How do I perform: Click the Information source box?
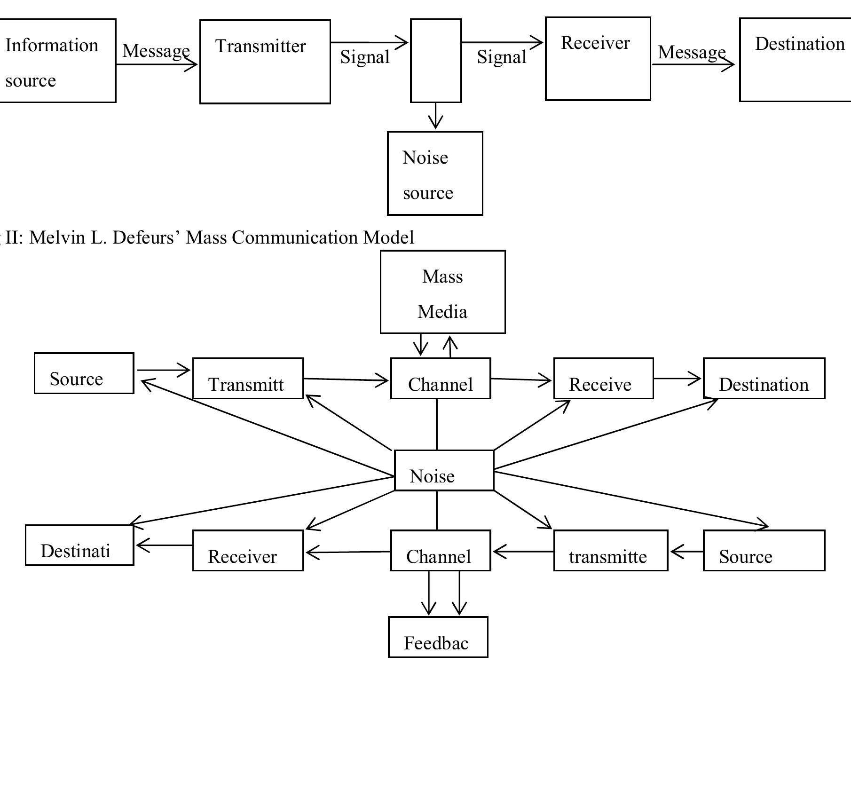(56, 61)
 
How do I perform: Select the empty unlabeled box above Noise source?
(436, 61)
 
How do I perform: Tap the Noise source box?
(435, 174)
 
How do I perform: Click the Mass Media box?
(442, 292)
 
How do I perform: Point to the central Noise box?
(444, 470)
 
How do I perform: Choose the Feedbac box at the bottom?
(438, 637)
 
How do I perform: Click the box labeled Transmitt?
(248, 379)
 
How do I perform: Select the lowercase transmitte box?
(610, 551)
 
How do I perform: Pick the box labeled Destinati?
(79, 545)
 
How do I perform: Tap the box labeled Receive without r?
(603, 379)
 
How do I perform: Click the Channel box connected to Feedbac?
(441, 551)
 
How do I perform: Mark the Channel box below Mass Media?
(441, 379)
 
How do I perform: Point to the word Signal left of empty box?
(365, 57)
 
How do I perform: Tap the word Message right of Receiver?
(691, 52)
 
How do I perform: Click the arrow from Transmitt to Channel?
(347, 379)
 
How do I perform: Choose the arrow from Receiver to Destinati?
(164, 545)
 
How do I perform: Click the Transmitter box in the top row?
(265, 62)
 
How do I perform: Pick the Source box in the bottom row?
(764, 551)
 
